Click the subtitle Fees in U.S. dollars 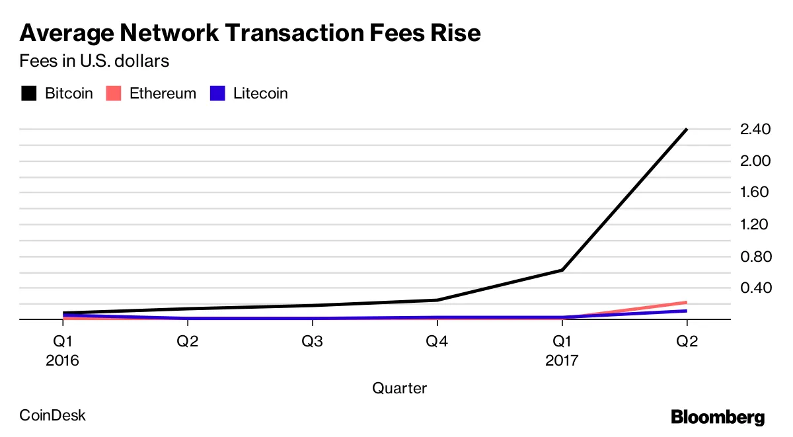94,61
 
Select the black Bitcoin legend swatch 28,93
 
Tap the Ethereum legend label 163,93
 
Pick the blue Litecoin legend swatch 217,93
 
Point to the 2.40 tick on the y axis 756,130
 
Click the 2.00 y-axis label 756,161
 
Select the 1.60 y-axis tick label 756,193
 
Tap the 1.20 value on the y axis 756,225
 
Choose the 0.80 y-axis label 756,257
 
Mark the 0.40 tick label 756,288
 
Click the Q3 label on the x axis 313,342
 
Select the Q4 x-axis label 437,342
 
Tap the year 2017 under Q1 562,361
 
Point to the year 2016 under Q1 63,361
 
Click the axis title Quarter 399,388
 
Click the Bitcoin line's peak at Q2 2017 687,130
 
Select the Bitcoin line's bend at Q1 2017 562,270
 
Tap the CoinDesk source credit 53,416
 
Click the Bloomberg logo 718,417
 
